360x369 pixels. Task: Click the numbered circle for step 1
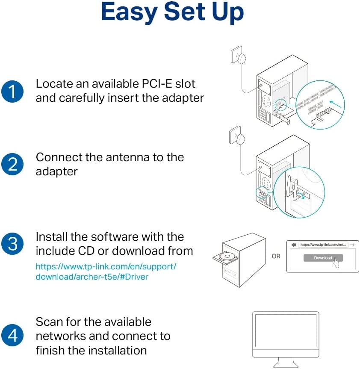(13, 92)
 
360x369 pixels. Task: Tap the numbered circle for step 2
(13, 164)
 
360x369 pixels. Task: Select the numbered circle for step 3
(13, 244)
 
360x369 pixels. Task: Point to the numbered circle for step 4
(13, 336)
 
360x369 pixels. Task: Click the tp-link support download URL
(106, 272)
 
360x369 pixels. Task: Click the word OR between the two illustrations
(276, 257)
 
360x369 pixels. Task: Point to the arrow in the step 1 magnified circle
(336, 103)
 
